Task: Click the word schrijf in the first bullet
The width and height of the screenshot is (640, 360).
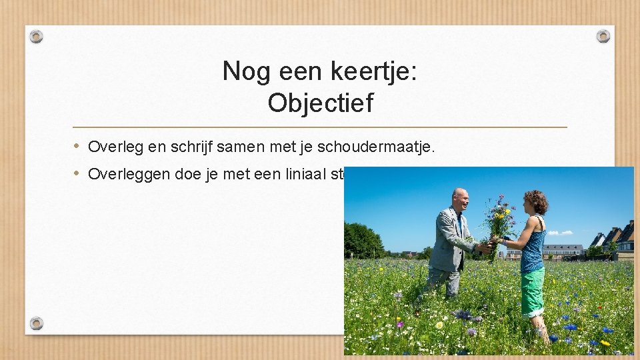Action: pos(190,147)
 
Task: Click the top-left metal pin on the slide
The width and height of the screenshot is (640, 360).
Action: pos(37,36)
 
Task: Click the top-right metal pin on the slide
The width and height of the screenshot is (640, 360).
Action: pos(603,36)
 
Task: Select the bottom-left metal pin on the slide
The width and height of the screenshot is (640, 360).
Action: pos(37,323)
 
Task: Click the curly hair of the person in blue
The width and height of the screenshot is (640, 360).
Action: pos(535,200)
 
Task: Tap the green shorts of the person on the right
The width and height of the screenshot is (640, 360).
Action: pos(533,292)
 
